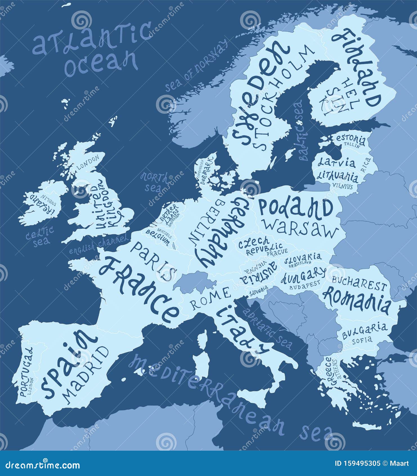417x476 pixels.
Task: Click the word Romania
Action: point(357,301)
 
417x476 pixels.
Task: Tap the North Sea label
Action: point(155,182)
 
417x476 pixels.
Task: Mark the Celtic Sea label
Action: point(40,236)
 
